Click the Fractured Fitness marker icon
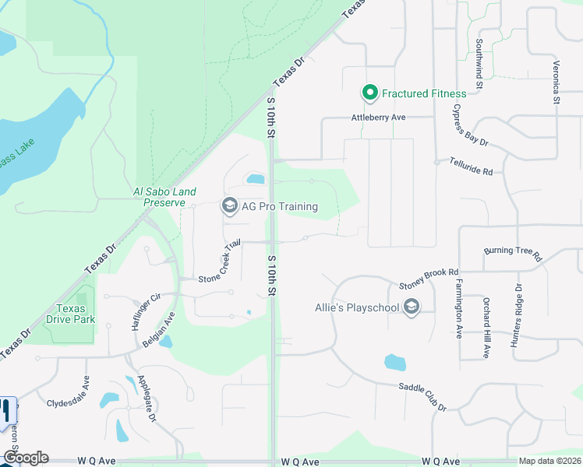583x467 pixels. (370, 93)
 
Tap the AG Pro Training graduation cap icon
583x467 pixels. (229, 205)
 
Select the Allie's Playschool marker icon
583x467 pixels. (411, 307)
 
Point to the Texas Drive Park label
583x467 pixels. (76, 314)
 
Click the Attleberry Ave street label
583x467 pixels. (379, 117)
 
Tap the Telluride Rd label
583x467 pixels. (472, 166)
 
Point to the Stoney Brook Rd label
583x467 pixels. (428, 278)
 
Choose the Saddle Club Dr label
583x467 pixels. (422, 397)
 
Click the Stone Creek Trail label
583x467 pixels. (218, 261)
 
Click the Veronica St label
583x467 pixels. (556, 83)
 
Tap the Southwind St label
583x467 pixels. (479, 62)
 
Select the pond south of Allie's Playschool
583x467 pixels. (395, 363)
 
